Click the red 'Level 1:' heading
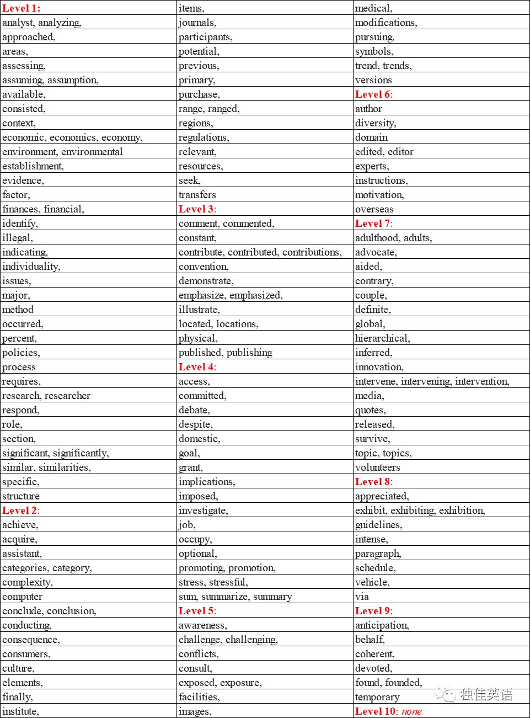pyautogui.click(x=22, y=8)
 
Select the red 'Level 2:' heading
pyautogui.click(x=21, y=510)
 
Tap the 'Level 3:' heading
pyautogui.click(x=197, y=209)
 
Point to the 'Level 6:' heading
pyautogui.click(x=374, y=94)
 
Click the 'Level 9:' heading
pyautogui.click(x=374, y=611)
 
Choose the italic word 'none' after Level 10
pyautogui.click(x=411, y=711)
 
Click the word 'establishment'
pyautogui.click(x=32, y=166)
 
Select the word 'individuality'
pyautogui.click(x=30, y=267)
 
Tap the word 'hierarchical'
pyautogui.click(x=382, y=338)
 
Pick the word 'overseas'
pyautogui.click(x=374, y=209)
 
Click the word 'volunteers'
pyautogui.click(x=378, y=467)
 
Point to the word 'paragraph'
pyautogui.click(x=377, y=554)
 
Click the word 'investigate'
pyautogui.click(x=202, y=510)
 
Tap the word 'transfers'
pyautogui.click(x=197, y=195)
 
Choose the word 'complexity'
pyautogui.click(x=26, y=582)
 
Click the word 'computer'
pyautogui.click(x=22, y=597)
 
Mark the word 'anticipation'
pyautogui.click(x=381, y=625)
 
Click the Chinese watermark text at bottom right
pyautogui.click(x=485, y=694)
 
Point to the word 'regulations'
pyautogui.click(x=203, y=137)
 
